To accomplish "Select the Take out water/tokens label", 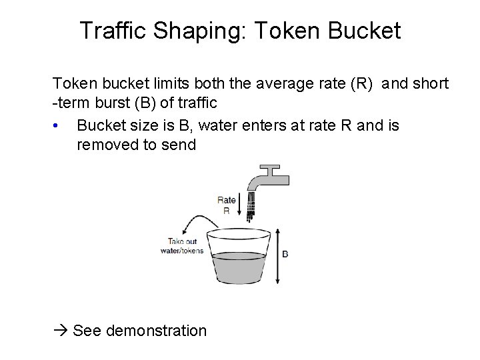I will click(x=182, y=246).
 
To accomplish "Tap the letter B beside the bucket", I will click(x=285, y=254).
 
